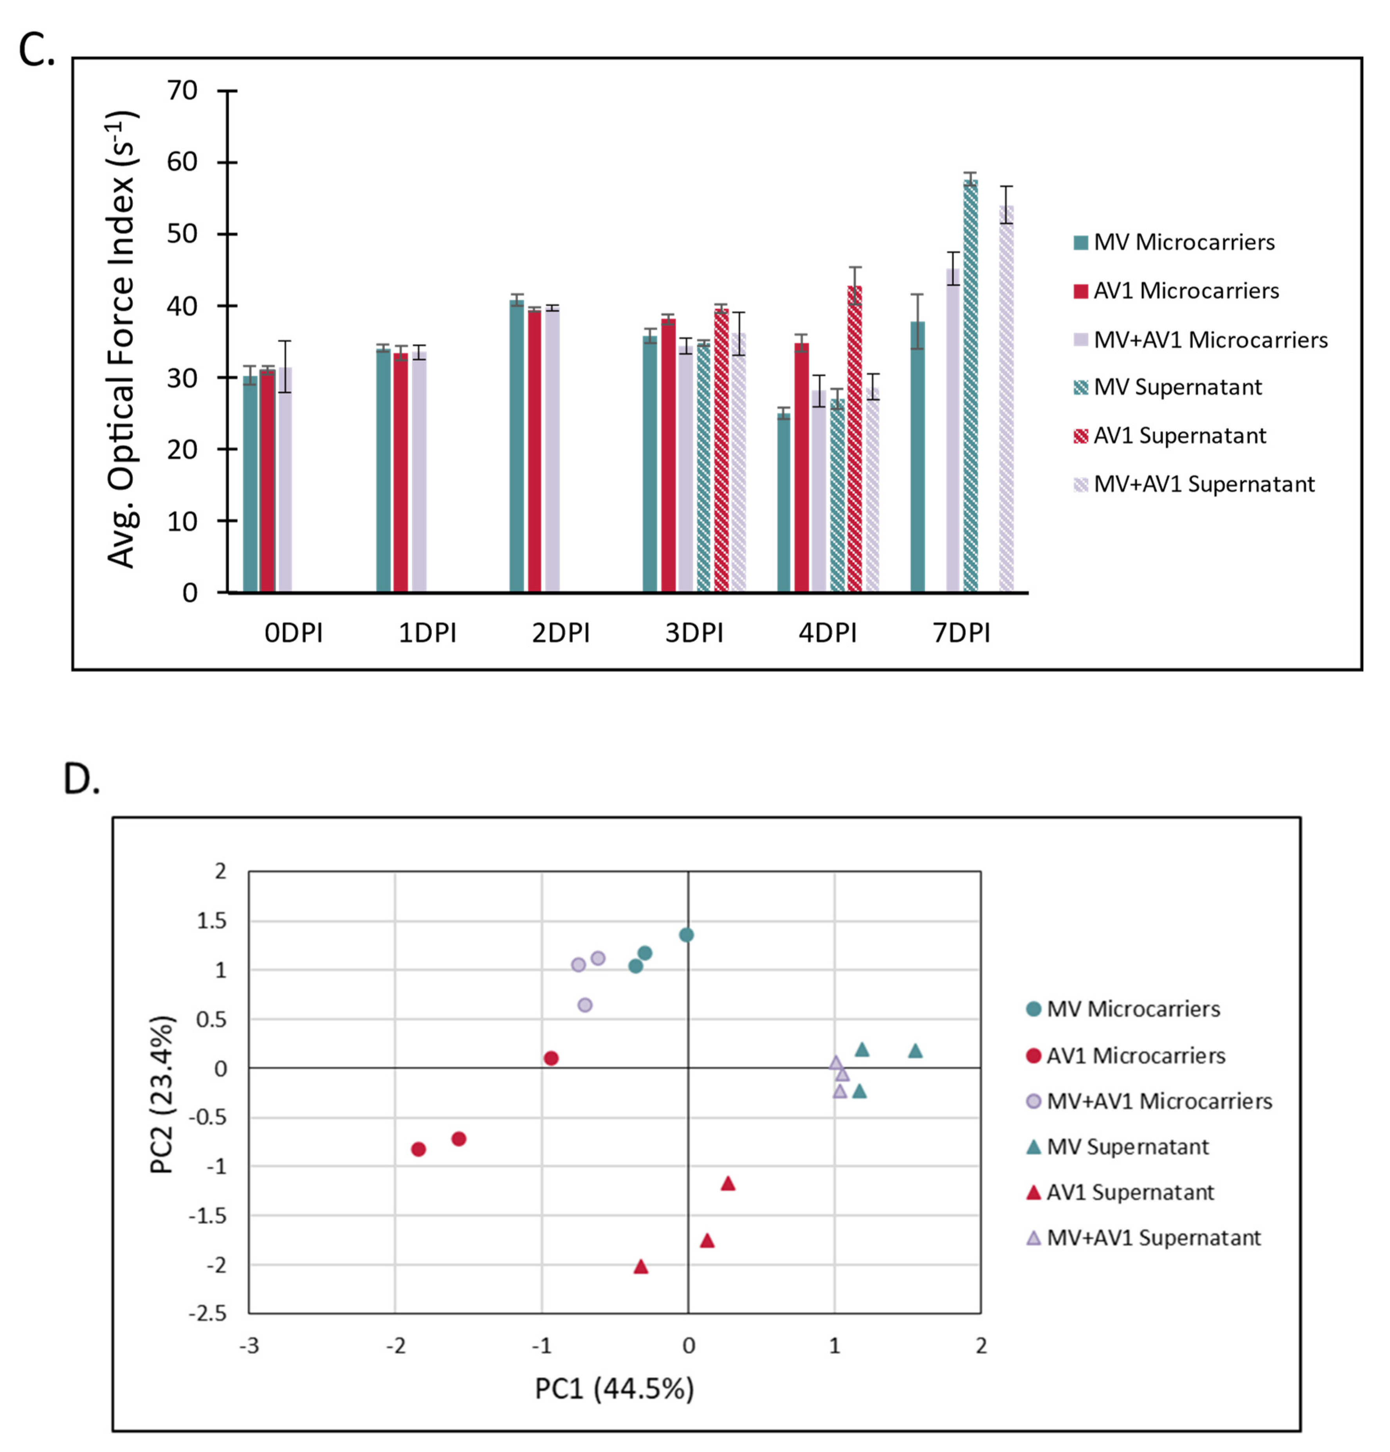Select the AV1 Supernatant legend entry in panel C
(1179, 436)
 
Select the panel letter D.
(81, 780)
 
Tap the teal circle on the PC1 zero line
(687, 935)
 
